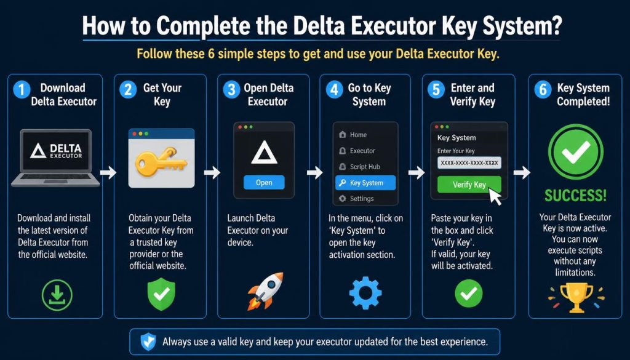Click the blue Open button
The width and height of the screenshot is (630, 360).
tap(264, 182)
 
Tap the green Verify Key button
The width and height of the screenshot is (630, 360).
tap(469, 185)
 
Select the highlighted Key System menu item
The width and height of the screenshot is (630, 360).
tap(365, 183)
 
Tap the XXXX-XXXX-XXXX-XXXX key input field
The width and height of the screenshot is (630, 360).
tap(469, 162)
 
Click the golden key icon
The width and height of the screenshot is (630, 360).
tap(161, 161)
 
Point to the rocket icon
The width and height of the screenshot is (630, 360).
tap(265, 291)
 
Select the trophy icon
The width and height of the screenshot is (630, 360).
tap(576, 297)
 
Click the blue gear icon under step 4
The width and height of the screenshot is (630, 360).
tap(365, 293)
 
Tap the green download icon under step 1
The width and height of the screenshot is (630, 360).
tap(57, 295)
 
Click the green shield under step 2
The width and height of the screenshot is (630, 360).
tap(162, 295)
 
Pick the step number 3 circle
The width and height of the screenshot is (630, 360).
tap(231, 90)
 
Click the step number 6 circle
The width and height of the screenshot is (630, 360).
tap(543, 90)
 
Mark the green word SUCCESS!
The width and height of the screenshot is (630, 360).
tap(575, 195)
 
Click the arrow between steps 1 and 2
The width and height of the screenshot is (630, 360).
tap(108, 172)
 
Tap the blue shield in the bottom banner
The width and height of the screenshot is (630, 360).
tap(148, 342)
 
